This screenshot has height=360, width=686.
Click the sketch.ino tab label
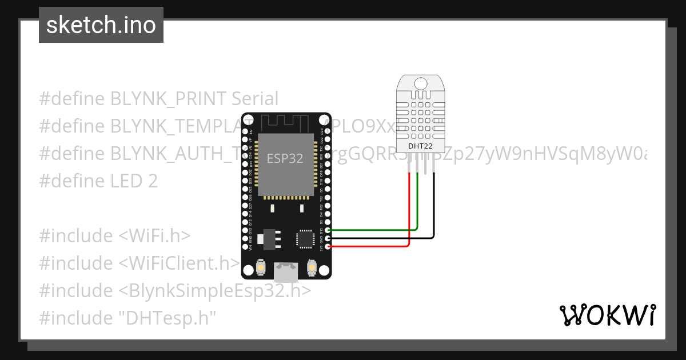click(101, 25)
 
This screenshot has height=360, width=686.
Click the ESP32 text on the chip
click(285, 158)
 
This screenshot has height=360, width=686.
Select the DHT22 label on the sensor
click(420, 146)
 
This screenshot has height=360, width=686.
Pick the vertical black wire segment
click(434, 206)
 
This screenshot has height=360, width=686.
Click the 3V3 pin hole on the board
click(328, 246)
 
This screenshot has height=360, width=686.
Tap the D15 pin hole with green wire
click(328, 230)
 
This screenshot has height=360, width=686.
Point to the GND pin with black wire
click(328, 238)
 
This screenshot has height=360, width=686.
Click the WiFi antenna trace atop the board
click(285, 122)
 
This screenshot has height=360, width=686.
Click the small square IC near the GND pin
click(305, 238)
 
